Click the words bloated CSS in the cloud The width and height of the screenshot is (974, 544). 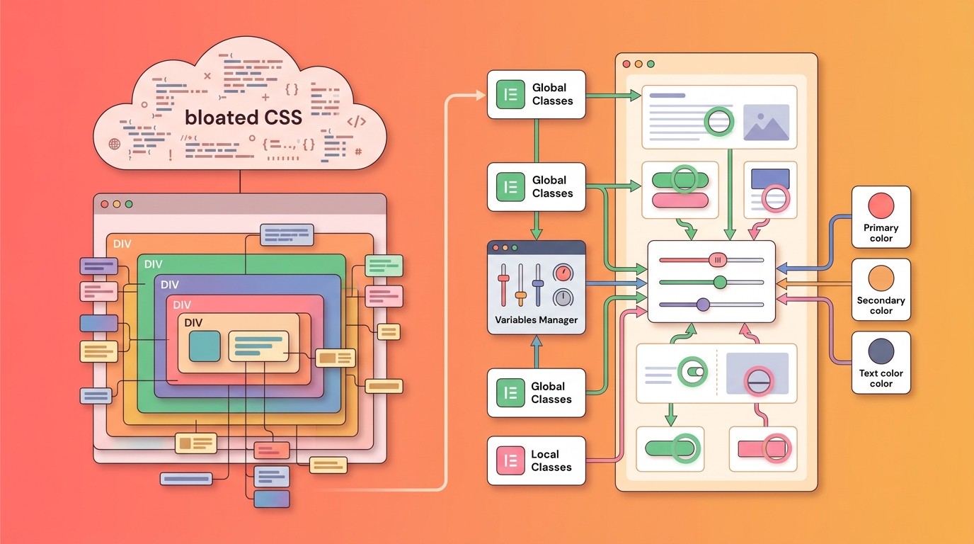point(243,118)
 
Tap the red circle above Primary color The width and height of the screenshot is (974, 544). point(881,206)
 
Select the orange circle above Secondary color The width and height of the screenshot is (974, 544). point(881,278)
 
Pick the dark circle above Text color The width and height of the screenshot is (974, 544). point(881,351)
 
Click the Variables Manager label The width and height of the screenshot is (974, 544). point(536,320)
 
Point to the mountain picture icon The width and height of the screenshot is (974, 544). point(766,123)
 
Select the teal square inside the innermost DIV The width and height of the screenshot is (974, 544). point(205,346)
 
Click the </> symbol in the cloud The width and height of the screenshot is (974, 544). point(356,121)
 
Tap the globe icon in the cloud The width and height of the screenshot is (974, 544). point(115,144)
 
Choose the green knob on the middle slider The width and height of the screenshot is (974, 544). point(720,282)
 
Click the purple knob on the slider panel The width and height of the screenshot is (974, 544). point(703,305)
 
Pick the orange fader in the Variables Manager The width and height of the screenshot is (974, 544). point(520,295)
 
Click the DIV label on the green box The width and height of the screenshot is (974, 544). point(153,264)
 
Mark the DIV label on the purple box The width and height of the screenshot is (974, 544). point(170,285)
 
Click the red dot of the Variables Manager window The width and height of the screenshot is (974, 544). point(495,248)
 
